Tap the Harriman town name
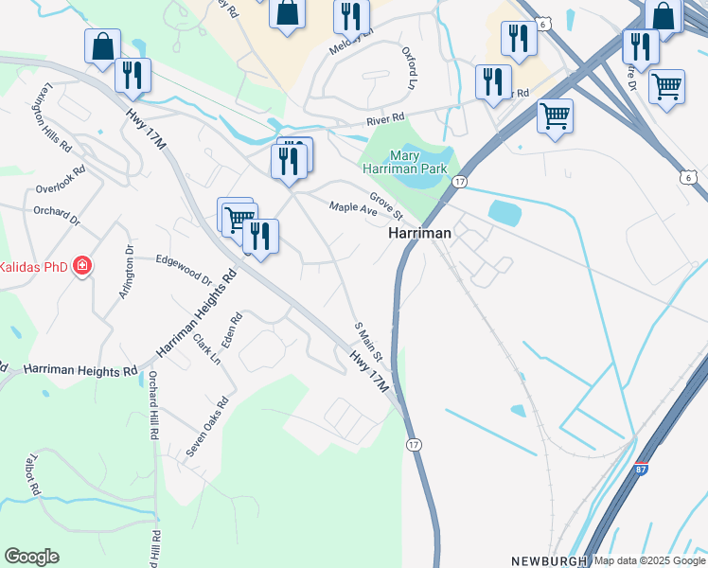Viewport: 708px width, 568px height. click(420, 232)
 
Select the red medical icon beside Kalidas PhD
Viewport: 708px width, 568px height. click(82, 266)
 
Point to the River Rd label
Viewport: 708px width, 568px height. click(385, 119)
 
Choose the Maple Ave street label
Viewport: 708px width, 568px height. click(353, 207)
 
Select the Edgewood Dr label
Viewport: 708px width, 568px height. click(183, 268)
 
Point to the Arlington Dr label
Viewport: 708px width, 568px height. click(126, 274)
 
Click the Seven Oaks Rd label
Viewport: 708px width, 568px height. click(207, 428)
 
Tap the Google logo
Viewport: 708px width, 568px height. click(31, 557)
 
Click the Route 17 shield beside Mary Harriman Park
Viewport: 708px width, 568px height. click(459, 181)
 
